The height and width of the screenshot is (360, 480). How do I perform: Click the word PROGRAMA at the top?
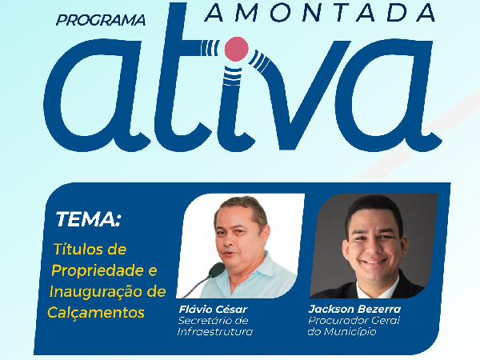tap(101, 20)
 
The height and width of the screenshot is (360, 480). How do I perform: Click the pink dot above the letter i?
tap(236, 48)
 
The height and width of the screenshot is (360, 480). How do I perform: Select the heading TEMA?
tap(88, 219)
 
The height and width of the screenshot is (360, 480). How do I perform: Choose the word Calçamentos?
tap(96, 312)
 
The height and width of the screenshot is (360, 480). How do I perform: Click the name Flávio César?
tap(213, 309)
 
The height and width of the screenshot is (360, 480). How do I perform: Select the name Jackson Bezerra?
tap(354, 309)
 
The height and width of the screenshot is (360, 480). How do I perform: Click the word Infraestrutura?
tap(215, 331)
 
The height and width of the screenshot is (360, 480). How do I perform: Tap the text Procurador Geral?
tap(354, 321)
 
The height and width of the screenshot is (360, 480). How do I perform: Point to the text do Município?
tap(342, 331)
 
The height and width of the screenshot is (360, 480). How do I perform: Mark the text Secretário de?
tap(213, 321)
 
